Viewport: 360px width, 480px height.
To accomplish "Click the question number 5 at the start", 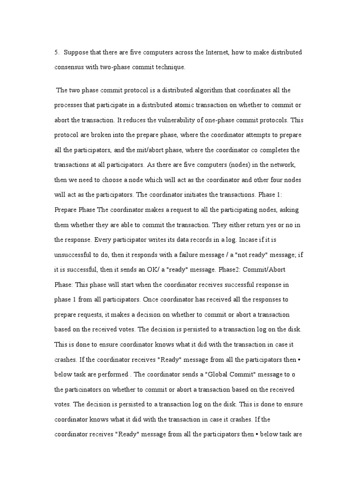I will tap(56, 52).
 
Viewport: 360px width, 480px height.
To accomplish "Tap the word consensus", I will tap(69, 67).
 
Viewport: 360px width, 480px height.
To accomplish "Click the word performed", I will tap(112, 375).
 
